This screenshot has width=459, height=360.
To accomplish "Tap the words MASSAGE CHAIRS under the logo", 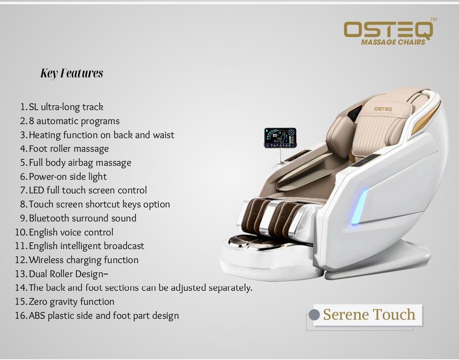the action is [x=393, y=42].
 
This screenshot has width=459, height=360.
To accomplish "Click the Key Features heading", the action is [x=72, y=73].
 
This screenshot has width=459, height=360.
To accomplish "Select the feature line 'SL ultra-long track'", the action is [x=66, y=107].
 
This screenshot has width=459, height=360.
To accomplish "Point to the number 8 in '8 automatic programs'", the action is [x=31, y=121].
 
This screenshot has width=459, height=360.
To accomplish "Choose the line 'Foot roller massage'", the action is [x=69, y=149].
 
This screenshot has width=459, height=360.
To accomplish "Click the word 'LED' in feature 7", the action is [x=36, y=190].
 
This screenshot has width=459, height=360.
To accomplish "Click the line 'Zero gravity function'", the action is [x=71, y=302].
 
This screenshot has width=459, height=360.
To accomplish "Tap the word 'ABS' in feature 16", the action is [x=37, y=315].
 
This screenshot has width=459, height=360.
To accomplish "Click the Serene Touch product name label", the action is [x=369, y=315].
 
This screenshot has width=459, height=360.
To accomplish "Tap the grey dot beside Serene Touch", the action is [x=314, y=315].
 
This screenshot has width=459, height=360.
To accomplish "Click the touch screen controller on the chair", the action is [x=280, y=138].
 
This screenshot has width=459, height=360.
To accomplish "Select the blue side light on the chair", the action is [x=359, y=207].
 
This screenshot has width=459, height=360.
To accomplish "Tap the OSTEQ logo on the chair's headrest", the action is [x=383, y=109].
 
